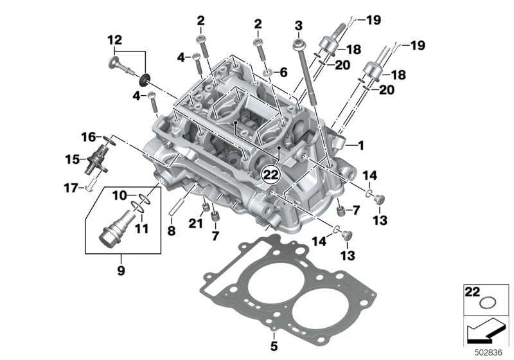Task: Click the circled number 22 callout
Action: [271, 175]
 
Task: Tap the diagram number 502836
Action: [488, 353]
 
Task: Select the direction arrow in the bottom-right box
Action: [484, 332]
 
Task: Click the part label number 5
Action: [274, 346]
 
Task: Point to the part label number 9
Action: [121, 271]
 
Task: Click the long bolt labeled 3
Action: [307, 73]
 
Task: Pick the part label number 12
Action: [115, 40]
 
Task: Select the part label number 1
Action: [361, 145]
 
